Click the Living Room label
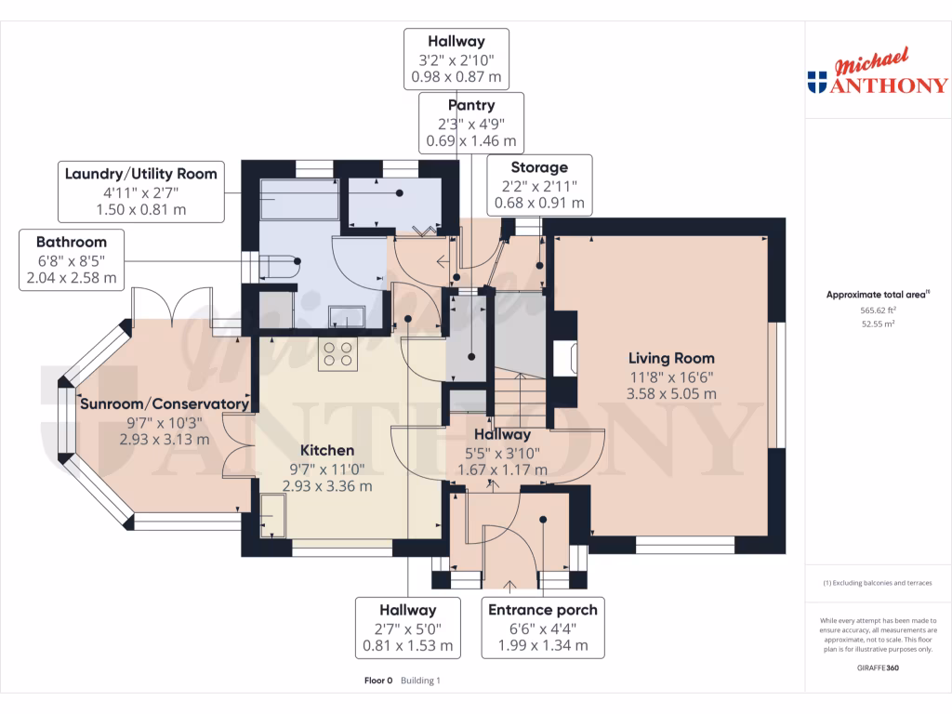click(x=671, y=358)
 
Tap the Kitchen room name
click(x=327, y=451)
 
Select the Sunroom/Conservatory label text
click(x=165, y=403)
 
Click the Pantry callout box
click(x=471, y=123)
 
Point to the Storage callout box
click(x=539, y=185)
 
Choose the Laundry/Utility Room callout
click(x=141, y=192)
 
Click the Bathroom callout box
click(x=72, y=260)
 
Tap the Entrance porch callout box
click(x=543, y=628)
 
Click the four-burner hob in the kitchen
click(x=337, y=354)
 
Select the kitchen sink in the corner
click(x=272, y=515)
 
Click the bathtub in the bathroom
click(x=299, y=199)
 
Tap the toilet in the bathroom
click(x=279, y=267)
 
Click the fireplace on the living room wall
click(x=564, y=358)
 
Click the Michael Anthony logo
click(x=878, y=71)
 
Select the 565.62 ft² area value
click(x=878, y=311)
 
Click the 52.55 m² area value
click(x=878, y=324)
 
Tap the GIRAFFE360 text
click(x=878, y=668)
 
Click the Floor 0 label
click(x=378, y=681)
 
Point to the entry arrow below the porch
click(x=510, y=587)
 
